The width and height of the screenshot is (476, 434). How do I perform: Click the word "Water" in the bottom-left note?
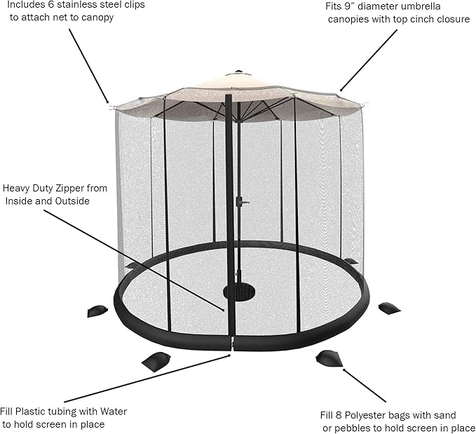[x=114, y=412]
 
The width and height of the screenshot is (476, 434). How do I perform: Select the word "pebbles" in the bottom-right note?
[x=353, y=428]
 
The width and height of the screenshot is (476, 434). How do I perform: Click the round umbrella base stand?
[x=239, y=291]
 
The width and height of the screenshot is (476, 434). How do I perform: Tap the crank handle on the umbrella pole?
[x=242, y=201]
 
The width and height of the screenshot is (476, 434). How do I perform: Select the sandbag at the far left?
[x=97, y=311]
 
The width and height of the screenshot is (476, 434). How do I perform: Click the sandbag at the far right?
[x=390, y=308]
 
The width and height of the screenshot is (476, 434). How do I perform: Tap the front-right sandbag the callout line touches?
[x=329, y=358]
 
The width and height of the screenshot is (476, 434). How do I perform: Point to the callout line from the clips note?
[x=88, y=66]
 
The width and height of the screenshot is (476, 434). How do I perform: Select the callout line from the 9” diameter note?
[x=369, y=60]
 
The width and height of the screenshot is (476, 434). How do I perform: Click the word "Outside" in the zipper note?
[x=72, y=201]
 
